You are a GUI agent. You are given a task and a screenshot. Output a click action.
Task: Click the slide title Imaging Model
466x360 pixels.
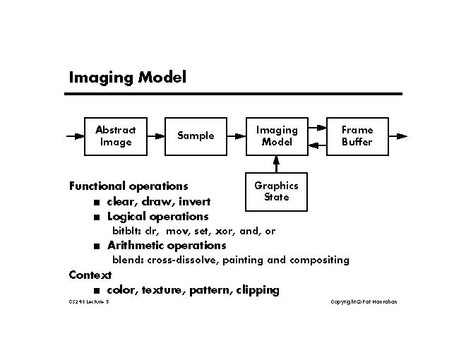coord(127,77)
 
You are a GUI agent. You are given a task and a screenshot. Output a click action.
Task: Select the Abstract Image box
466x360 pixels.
coord(116,136)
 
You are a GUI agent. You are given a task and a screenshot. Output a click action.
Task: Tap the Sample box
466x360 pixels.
coord(196,136)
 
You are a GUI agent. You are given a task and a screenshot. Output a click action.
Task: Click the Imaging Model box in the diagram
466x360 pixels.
coord(277,136)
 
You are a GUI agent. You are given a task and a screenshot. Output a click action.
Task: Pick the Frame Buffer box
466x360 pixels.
coord(357,136)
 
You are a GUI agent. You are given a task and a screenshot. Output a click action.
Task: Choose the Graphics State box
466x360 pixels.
coord(277,191)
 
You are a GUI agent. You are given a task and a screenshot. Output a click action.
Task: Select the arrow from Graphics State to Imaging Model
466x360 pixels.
coord(277,164)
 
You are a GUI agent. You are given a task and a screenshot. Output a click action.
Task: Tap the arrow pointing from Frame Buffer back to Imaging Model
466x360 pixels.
coord(317,144)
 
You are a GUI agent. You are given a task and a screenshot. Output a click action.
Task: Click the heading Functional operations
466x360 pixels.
coord(129,186)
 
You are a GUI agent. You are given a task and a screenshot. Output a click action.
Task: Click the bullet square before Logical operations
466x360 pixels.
coord(96,217)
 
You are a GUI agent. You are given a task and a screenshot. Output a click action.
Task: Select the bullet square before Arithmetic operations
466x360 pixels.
coord(96,246)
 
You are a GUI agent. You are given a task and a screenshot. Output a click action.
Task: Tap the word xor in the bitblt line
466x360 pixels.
coord(225,231)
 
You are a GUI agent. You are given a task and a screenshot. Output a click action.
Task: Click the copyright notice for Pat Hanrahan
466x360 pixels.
coord(364,302)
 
